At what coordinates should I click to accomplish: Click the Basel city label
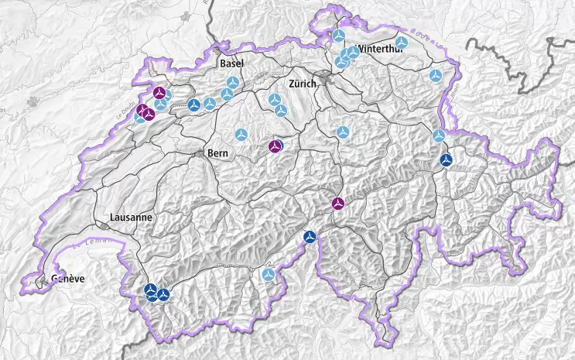click(232, 63)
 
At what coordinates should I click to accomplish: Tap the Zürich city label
click(303, 84)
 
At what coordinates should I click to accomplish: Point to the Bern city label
click(217, 153)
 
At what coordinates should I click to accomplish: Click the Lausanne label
click(131, 218)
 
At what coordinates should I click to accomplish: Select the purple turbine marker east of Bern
click(276, 146)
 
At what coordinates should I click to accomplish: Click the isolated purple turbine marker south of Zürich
click(338, 204)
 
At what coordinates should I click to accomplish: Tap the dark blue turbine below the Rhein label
click(446, 160)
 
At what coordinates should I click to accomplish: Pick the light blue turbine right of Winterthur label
click(401, 43)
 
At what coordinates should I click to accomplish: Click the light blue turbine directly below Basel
click(232, 82)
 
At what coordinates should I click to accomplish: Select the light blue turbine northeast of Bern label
click(241, 135)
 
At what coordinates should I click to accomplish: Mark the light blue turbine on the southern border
click(269, 274)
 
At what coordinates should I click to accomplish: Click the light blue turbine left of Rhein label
click(436, 76)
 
